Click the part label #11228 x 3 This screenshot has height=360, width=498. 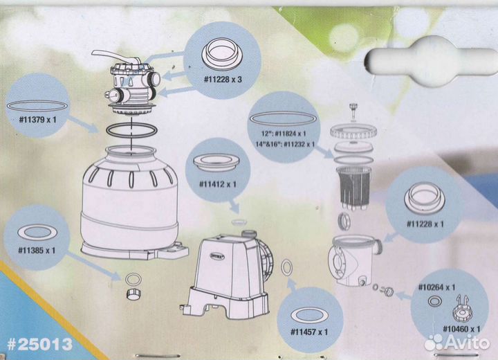tap(223, 79)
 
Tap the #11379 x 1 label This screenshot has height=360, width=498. tap(37, 120)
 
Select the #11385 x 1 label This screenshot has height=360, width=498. tap(37, 251)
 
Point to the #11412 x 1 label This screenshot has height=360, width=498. tap(218, 184)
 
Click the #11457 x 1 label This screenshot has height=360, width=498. tap(309, 332)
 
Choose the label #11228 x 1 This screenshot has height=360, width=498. tap(425, 224)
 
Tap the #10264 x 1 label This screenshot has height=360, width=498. tap(436, 287)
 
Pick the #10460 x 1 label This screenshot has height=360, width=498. tap(461, 329)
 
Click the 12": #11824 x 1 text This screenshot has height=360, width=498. tap(284, 134)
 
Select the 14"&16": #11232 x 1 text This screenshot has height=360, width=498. tap(285, 144)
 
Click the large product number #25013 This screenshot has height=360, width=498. tap(40, 344)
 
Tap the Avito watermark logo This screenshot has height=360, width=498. tap(457, 342)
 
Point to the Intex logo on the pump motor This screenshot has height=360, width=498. tap(218, 255)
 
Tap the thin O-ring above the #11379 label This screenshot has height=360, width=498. tap(37, 106)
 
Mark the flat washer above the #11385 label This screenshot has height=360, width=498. tap(37, 233)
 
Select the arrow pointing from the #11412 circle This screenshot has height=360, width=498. tap(234, 206)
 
